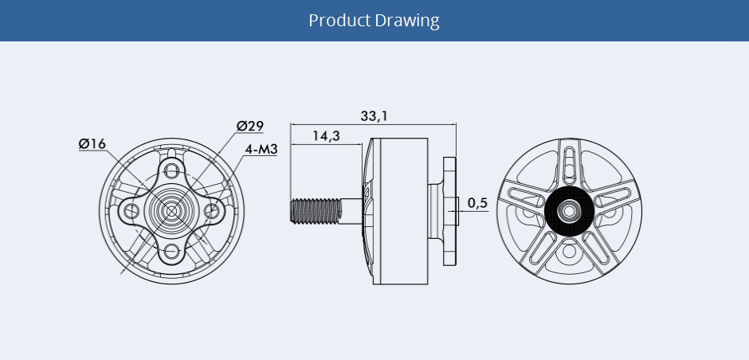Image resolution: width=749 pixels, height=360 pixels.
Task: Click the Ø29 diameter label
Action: pos(250,126)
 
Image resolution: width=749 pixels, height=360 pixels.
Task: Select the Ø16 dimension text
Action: pos(92,143)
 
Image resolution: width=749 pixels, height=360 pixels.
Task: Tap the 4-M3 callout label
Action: pos(261,149)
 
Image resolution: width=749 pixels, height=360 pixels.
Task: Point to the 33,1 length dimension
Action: pos(374,115)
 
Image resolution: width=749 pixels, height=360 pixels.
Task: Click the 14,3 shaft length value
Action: pos(326,135)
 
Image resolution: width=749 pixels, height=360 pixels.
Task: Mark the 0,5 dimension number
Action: pos(477,203)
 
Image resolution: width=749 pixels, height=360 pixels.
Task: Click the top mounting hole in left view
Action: pos(171,170)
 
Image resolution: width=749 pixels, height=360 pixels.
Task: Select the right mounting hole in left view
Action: pos(212,209)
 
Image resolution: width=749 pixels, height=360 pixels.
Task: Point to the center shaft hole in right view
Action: pos(570,210)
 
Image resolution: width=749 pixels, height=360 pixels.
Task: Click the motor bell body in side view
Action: pos(400,211)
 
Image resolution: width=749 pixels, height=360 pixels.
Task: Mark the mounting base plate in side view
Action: pos(449,211)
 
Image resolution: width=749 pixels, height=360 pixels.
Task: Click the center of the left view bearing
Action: pos(171,209)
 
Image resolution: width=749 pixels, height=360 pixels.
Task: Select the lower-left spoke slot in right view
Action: pos(541,248)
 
